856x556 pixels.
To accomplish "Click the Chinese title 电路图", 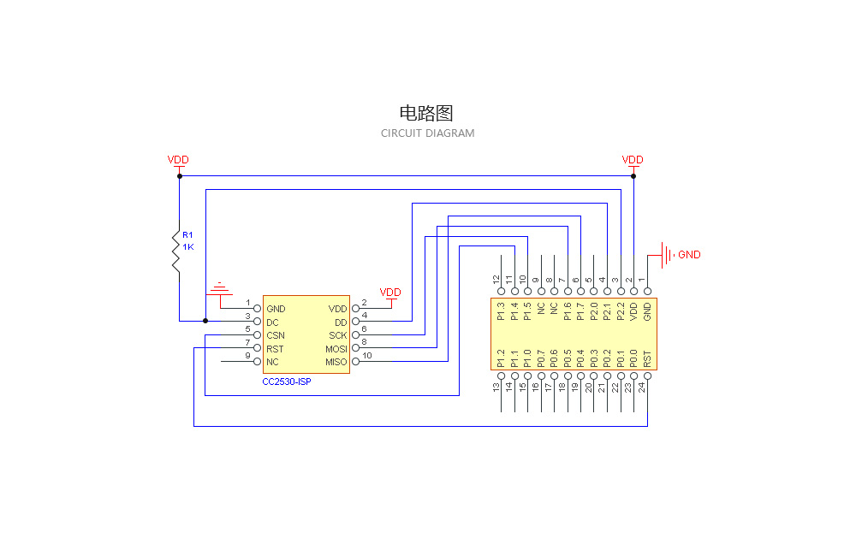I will pyautogui.click(x=426, y=113).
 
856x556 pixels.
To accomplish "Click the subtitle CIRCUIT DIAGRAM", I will pyautogui.click(x=427, y=133).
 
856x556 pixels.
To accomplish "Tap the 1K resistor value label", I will pyautogui.click(x=188, y=247).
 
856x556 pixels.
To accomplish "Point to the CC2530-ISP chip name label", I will pyautogui.click(x=287, y=382).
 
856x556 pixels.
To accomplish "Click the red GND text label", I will pyautogui.click(x=689, y=255).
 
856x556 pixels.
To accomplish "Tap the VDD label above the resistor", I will pyautogui.click(x=178, y=160).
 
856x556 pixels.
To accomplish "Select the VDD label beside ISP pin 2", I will pyautogui.click(x=390, y=293).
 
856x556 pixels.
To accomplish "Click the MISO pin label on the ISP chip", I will pyautogui.click(x=336, y=362).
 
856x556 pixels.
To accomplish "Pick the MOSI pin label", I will pyautogui.click(x=336, y=349).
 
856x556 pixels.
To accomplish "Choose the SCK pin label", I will pyautogui.click(x=337, y=335).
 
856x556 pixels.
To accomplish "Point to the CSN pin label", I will pyautogui.click(x=276, y=335).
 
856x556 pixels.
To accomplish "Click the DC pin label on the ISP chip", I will pyautogui.click(x=272, y=322).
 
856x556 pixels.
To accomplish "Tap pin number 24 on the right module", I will pyautogui.click(x=641, y=387).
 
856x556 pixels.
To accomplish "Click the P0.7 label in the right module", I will pyautogui.click(x=540, y=358).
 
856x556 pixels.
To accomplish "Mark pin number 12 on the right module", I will pyautogui.click(x=496, y=280).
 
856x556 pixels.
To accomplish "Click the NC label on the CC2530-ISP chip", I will pyautogui.click(x=272, y=362).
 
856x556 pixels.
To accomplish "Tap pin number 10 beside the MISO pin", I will pyautogui.click(x=367, y=356).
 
